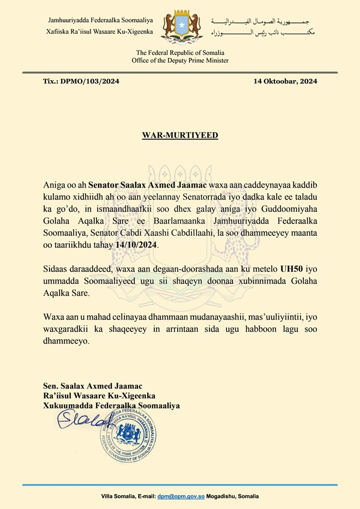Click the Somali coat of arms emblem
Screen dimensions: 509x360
pyautogui.click(x=180, y=26)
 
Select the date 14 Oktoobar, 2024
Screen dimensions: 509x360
pyautogui.click(x=285, y=82)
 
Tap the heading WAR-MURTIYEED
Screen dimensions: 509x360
pyautogui.click(x=180, y=135)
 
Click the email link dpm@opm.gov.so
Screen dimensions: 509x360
pyautogui.click(x=181, y=496)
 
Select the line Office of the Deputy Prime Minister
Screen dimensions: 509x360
pyautogui.click(x=180, y=60)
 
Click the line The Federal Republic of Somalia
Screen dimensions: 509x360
pyautogui.click(x=180, y=52)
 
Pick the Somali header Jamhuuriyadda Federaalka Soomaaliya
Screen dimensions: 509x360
pyautogui.click(x=100, y=21)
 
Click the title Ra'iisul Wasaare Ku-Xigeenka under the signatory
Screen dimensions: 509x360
pyautogui.click(x=101, y=395)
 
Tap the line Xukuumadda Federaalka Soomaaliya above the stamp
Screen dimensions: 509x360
pyautogui.click(x=111, y=405)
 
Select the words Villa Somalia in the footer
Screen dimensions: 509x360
pyautogui.click(x=118, y=496)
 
